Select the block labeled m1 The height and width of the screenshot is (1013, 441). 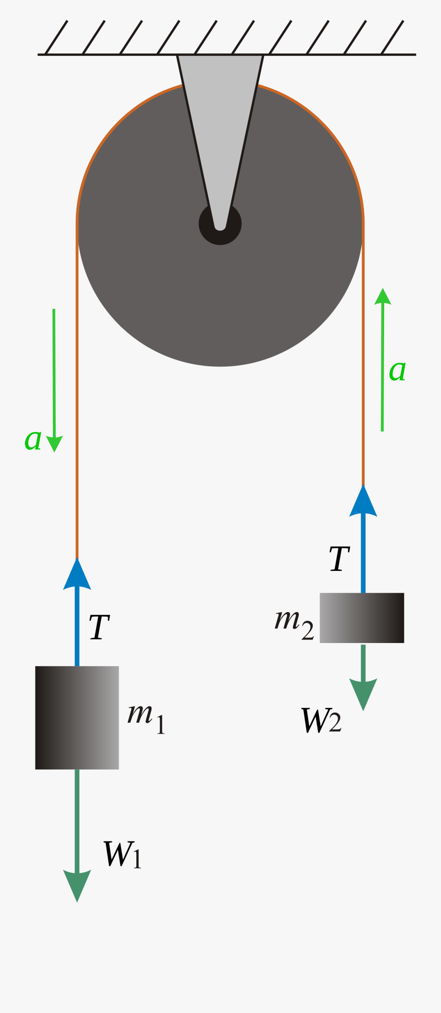click(77, 717)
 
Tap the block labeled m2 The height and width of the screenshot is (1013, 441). click(362, 618)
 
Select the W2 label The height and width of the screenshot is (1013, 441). click(321, 720)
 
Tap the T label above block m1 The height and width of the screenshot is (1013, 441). click(99, 627)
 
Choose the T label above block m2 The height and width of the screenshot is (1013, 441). click(340, 559)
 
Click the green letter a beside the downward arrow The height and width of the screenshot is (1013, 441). click(33, 439)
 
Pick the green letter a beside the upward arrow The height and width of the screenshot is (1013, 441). click(397, 371)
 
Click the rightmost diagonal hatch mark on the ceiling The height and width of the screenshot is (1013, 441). click(392, 37)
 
